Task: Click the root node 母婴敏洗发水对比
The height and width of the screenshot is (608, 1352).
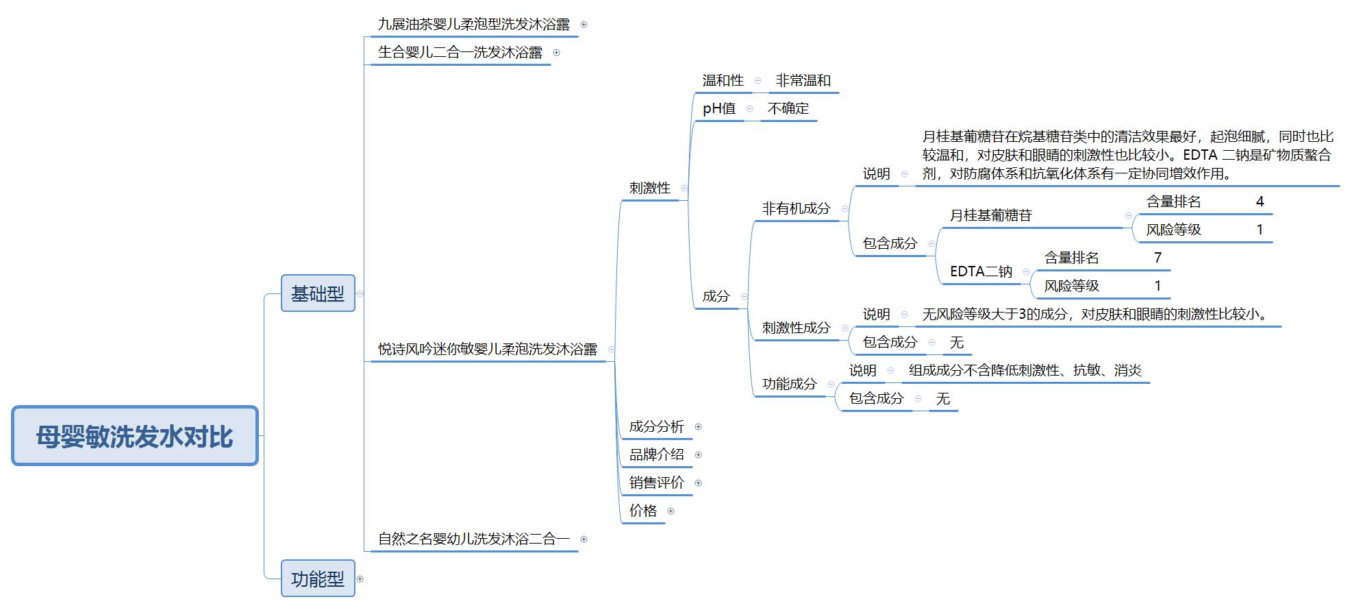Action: [x=134, y=436]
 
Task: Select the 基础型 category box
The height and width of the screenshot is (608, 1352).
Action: [x=318, y=293]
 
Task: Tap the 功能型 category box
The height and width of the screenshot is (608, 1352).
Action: [x=318, y=579]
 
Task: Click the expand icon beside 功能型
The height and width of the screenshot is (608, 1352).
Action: [x=360, y=579]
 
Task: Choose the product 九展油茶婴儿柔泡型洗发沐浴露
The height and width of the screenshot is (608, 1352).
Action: [x=473, y=25]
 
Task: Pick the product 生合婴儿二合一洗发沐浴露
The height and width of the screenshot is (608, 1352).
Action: [x=460, y=53]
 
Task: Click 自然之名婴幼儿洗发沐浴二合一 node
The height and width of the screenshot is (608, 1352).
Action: [x=473, y=539]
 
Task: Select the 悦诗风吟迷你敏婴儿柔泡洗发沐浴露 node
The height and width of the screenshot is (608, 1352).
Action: [x=487, y=350]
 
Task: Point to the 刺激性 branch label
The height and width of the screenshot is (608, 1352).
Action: [x=649, y=188]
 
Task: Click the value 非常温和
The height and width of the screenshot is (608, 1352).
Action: [x=803, y=81]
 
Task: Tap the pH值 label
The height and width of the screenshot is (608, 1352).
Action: [x=719, y=109]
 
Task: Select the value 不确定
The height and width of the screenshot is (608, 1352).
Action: [x=788, y=109]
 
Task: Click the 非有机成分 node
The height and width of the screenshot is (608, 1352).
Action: [x=796, y=208]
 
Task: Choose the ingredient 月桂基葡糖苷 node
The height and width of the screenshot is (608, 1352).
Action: [x=990, y=216]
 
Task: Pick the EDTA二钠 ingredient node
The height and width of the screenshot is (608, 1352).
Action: [x=981, y=271]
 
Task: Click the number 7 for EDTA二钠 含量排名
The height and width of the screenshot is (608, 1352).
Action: [x=1157, y=258]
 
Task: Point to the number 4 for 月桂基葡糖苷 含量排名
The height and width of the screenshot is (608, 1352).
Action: [x=1260, y=202]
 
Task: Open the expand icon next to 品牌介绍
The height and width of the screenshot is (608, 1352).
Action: [x=698, y=455]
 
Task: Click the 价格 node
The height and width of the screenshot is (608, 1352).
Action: [x=642, y=511]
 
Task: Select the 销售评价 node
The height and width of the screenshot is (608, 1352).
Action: [x=656, y=483]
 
